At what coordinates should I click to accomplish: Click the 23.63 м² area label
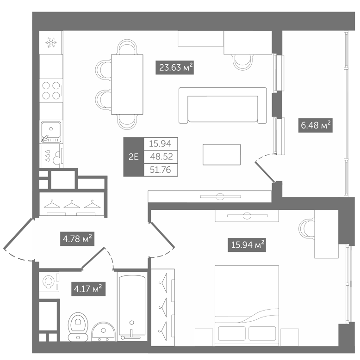175,67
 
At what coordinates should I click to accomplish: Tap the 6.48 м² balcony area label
316,125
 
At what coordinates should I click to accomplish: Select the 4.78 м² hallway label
77,239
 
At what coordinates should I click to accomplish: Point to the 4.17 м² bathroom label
88,289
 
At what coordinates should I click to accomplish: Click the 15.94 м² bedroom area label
247,245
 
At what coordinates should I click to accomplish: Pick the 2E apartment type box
134,157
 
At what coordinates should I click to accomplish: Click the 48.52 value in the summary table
161,157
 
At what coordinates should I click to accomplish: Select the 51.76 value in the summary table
161,170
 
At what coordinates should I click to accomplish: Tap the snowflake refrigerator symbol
51,43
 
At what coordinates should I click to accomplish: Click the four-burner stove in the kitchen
51,91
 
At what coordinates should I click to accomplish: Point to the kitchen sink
51,132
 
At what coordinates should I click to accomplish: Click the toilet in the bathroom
78,326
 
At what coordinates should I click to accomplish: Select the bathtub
132,306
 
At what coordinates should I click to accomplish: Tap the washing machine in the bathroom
49,282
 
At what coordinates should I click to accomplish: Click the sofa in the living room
223,106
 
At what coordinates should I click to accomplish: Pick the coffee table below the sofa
222,154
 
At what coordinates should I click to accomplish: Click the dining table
127,84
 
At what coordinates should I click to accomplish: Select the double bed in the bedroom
247,306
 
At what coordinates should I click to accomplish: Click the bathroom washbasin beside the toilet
104,331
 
